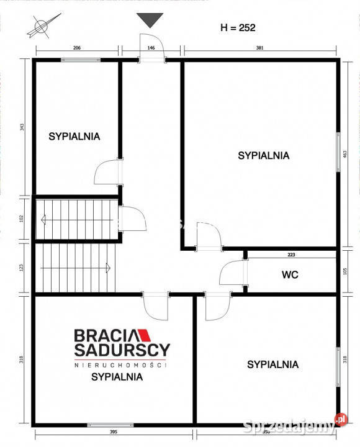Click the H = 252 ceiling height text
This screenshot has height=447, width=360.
click(x=238, y=27)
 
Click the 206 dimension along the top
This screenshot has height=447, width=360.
click(x=77, y=47)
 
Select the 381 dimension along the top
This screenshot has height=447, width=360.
click(x=260, y=47)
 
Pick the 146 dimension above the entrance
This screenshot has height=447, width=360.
click(x=151, y=47)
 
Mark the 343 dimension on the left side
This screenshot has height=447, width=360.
click(x=22, y=127)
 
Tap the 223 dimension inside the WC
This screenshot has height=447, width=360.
click(x=291, y=254)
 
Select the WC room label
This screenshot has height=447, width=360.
click(x=290, y=274)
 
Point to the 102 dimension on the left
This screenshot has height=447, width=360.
click(x=22, y=219)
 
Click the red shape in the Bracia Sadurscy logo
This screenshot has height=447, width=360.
click(x=140, y=335)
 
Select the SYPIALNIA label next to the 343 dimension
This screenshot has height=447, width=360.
click(x=74, y=137)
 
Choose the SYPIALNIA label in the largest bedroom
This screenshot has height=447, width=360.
click(x=263, y=156)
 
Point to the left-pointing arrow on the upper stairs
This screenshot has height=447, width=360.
click(x=43, y=219)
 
